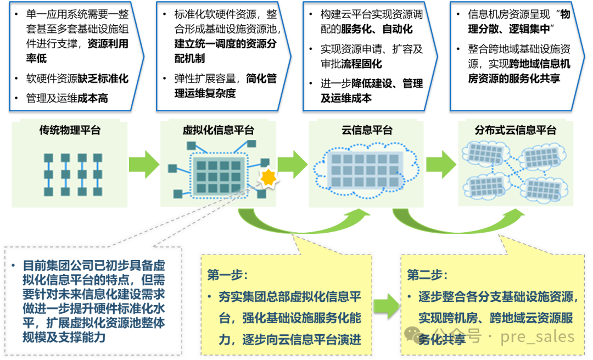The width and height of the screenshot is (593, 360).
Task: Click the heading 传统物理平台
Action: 70,131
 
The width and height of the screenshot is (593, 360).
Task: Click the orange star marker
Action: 268,177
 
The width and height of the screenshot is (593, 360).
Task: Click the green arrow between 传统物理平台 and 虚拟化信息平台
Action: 144,164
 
